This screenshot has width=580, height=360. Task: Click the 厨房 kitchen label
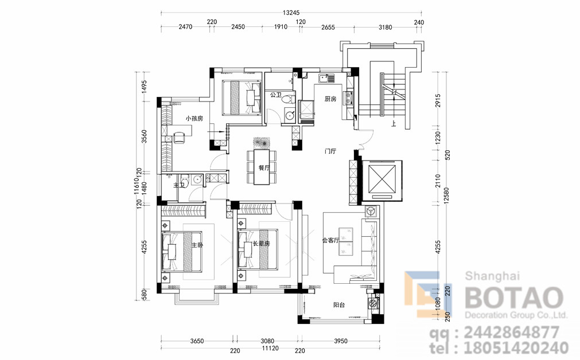(x=330, y=99)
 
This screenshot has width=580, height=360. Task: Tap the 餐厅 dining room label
(x=264, y=167)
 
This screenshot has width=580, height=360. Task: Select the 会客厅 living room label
(x=330, y=240)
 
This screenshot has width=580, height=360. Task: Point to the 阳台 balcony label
(x=339, y=305)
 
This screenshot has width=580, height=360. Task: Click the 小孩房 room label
(x=194, y=119)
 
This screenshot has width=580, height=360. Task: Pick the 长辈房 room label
(x=261, y=244)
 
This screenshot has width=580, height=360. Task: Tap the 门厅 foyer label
(x=330, y=151)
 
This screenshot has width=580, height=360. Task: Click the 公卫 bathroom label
(x=275, y=95)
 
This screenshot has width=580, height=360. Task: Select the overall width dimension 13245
(x=291, y=13)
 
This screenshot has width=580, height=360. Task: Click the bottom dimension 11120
(x=270, y=348)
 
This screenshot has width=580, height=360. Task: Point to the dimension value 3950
(x=341, y=341)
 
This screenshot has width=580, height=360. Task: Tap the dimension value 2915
(x=438, y=100)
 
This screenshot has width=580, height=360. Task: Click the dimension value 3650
(x=197, y=341)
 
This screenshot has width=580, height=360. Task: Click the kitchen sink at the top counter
(x=326, y=78)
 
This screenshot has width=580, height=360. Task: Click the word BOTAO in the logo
(x=514, y=298)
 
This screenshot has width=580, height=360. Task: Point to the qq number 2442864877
(x=511, y=332)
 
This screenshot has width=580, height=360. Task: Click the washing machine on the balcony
(x=373, y=304)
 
